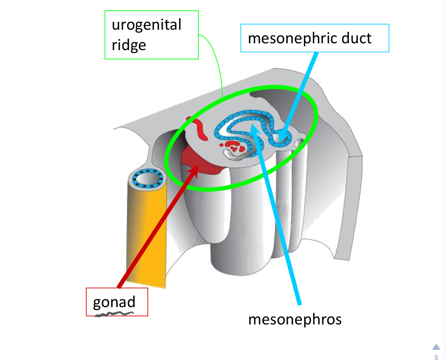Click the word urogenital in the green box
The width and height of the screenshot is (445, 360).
coord(146,25)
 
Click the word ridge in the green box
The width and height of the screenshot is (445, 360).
coord(129,45)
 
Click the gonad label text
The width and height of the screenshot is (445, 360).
coord(114,302)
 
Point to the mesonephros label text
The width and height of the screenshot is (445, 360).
coord(295,320)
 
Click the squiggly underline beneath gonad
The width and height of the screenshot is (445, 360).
coord(114,314)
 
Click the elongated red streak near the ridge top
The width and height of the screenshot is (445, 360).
coord(198,129)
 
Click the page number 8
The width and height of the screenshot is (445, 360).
coord(436,357)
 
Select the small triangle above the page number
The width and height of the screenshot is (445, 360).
coord(436,347)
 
